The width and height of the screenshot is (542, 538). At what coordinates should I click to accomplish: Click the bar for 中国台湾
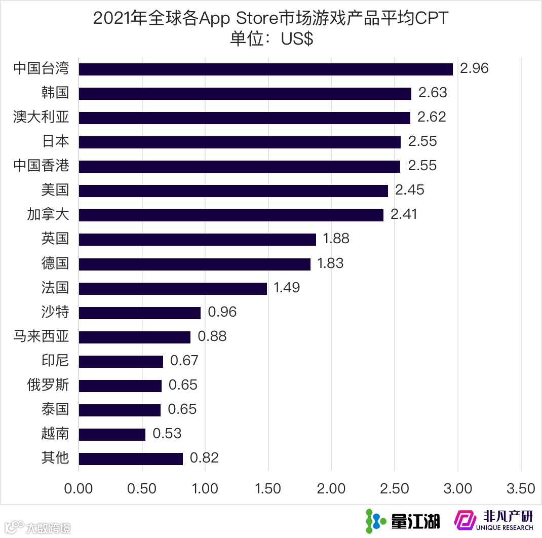click(266, 69)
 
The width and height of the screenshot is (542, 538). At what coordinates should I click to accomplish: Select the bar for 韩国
click(245, 93)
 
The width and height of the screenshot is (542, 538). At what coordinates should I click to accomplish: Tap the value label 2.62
click(432, 117)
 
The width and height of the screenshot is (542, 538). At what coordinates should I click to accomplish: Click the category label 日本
click(55, 142)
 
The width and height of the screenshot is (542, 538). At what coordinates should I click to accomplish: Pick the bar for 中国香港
click(240, 166)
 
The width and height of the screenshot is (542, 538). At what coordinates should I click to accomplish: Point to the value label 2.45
click(409, 190)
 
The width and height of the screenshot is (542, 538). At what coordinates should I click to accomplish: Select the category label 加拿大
click(48, 215)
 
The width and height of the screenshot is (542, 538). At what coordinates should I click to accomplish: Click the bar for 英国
click(198, 239)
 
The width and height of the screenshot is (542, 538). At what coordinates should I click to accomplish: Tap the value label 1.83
click(330, 263)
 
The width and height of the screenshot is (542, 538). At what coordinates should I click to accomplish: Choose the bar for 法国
click(173, 288)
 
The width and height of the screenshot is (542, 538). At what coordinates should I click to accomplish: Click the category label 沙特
click(55, 312)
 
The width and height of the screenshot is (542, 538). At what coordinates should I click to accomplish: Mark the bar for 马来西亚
click(135, 337)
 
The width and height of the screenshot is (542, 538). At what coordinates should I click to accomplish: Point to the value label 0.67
click(184, 361)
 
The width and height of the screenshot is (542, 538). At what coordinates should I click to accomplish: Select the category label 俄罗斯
click(48, 385)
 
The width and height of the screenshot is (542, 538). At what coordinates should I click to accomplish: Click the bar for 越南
click(112, 434)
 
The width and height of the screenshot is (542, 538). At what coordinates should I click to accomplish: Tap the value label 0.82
click(204, 458)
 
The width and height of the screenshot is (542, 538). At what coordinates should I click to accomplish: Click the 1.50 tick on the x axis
click(268, 488)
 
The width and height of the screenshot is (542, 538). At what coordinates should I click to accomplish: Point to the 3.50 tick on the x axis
click(520, 488)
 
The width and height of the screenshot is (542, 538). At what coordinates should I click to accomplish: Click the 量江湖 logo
click(403, 520)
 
